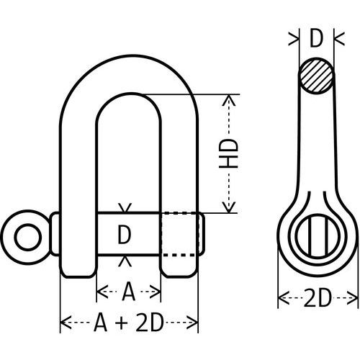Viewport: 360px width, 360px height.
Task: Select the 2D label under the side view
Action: [318, 297]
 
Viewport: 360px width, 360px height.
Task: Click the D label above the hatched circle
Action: [316, 40]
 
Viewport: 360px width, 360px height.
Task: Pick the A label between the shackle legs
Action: [128, 292]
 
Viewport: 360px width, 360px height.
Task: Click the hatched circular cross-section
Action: [316, 76]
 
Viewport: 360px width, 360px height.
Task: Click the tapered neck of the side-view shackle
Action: [315, 144]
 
